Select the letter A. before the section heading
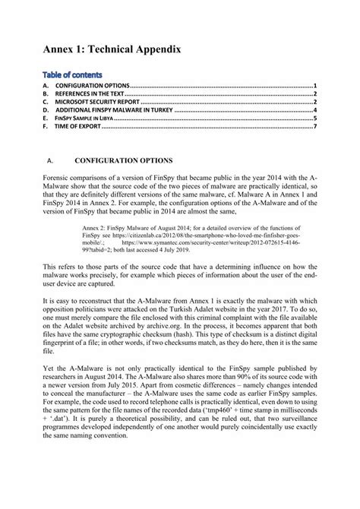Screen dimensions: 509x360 click(49, 161)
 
